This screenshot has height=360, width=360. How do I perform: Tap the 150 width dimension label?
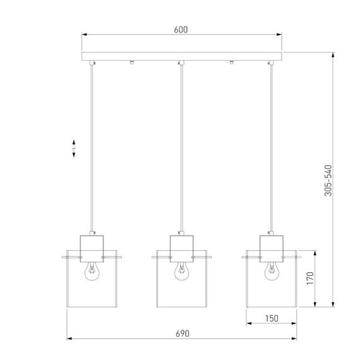coord(270,319)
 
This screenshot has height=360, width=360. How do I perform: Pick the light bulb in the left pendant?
coord(92,271)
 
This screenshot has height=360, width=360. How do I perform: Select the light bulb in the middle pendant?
coord(181,271)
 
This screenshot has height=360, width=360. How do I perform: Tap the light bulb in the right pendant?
coord(271,271)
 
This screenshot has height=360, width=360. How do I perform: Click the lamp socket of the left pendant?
coord(92,244)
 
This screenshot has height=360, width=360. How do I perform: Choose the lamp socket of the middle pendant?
coord(181,244)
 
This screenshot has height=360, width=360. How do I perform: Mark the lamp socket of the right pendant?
coord(271,244)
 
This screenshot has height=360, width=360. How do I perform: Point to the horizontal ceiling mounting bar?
coord(182,56)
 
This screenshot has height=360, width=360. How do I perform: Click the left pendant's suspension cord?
coord(92,145)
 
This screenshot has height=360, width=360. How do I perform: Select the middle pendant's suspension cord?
coord(181,145)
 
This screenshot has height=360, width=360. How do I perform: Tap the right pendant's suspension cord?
coord(271,145)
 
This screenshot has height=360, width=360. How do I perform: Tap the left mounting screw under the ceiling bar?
coord(131,62)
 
